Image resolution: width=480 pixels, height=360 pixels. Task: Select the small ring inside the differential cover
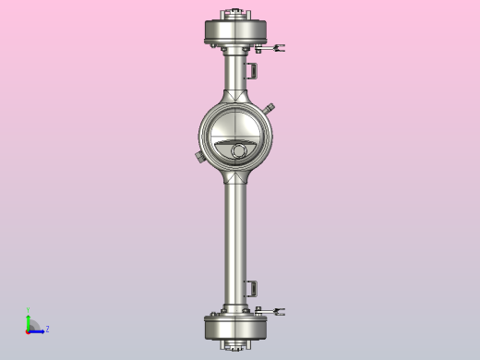pos(239,150)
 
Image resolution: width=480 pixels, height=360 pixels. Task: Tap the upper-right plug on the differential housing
pos(269,108)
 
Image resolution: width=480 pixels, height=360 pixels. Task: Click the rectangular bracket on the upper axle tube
pos(250,71)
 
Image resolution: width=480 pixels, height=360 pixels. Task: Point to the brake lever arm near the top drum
pos(277,48)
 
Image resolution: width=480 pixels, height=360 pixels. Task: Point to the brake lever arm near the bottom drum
pos(276,310)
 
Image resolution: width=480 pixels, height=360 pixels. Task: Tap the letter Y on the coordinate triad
pos(28,311)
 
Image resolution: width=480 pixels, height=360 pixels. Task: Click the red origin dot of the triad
pos(28,330)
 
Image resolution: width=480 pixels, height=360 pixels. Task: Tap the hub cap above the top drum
pos(234,14)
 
